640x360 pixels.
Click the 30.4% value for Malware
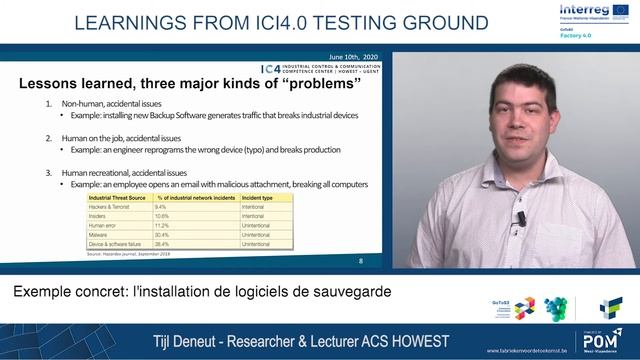click(x=165, y=235)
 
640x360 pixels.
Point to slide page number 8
click(x=360, y=261)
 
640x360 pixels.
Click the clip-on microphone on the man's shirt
click(x=520, y=217)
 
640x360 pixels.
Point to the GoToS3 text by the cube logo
click(x=502, y=299)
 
